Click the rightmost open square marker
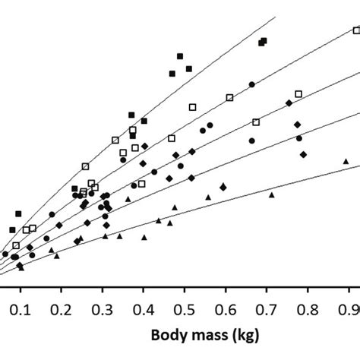pos(356,31)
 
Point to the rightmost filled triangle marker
pos(346,161)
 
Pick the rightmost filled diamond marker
pos(303,154)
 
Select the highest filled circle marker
pos(251,84)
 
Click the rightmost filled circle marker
pos(299,138)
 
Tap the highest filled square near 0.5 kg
pos(180,56)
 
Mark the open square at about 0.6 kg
pos(230,97)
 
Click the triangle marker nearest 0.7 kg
pos(271,194)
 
